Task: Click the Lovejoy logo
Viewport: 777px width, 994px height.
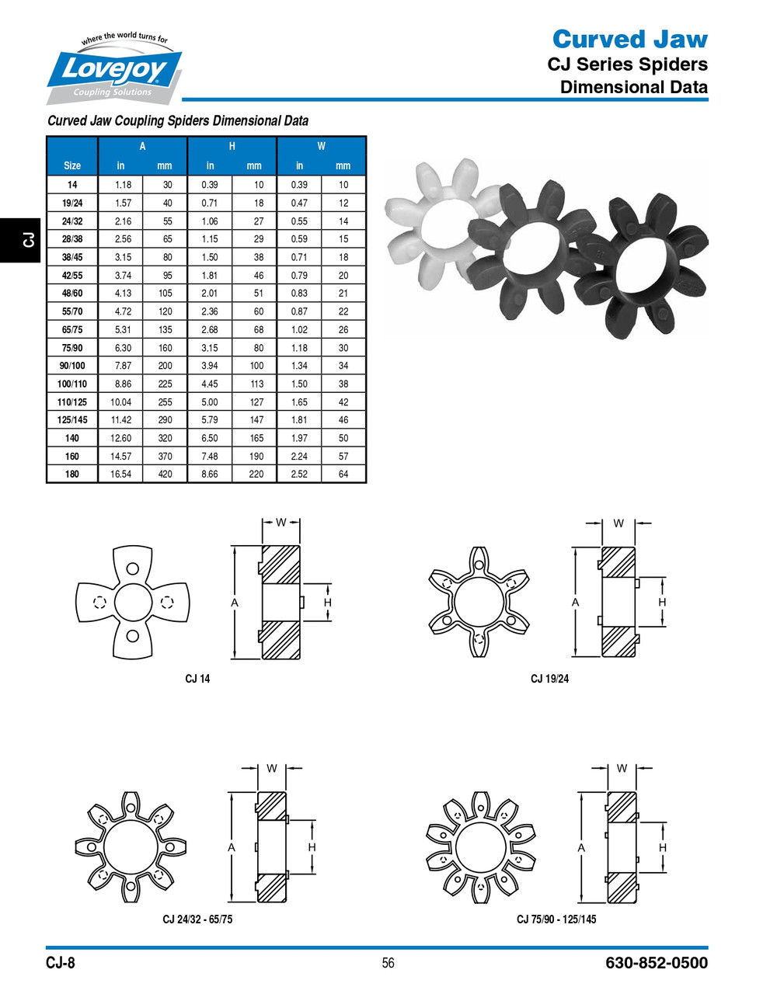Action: pos(115,70)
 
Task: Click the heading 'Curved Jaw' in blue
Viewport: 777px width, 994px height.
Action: pos(629,39)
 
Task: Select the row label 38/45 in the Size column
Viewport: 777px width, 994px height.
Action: pos(72,257)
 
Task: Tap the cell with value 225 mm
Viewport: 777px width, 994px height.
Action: pos(165,384)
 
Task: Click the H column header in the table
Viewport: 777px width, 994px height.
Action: pos(232,146)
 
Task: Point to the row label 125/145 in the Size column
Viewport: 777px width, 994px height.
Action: pos(72,420)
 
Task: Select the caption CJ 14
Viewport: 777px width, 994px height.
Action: pos(197,679)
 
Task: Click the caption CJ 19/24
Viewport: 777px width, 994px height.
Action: pos(549,679)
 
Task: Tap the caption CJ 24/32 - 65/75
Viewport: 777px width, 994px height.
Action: pos(197,919)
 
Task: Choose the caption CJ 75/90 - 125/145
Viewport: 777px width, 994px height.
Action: pos(556,919)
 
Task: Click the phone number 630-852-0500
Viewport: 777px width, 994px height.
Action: pos(657,963)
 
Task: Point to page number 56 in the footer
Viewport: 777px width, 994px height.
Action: pos(388,963)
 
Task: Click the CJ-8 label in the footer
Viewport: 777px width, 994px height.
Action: pos(61,963)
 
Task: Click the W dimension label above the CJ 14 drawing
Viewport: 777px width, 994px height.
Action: pos(280,523)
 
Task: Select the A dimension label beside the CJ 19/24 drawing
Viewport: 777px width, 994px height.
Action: pos(576,603)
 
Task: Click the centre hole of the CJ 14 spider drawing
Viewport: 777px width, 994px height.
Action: pos(132,602)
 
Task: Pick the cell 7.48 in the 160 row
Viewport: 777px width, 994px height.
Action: pos(210,457)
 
